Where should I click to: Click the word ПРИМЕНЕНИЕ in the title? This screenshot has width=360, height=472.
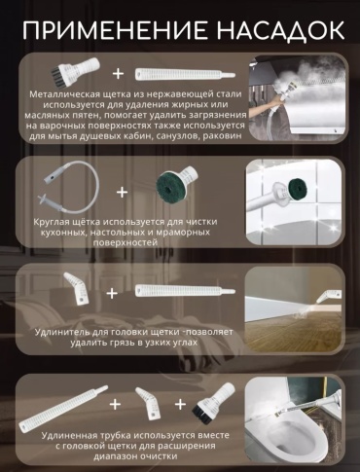(x=115, y=30)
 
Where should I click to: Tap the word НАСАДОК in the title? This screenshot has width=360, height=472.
(x=280, y=30)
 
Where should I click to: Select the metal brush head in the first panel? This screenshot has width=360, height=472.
(x=75, y=71)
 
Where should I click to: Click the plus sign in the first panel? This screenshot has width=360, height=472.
(x=118, y=73)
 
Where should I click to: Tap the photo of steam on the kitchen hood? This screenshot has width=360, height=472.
(x=297, y=98)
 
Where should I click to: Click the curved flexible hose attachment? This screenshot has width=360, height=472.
(x=70, y=188)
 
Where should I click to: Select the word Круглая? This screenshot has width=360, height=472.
(x=52, y=223)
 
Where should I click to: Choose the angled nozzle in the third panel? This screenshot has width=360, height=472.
(x=77, y=288)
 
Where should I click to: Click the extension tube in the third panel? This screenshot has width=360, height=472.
(x=185, y=290)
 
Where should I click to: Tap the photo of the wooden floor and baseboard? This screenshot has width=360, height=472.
(x=293, y=309)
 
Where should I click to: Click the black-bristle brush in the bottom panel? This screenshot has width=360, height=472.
(x=213, y=400)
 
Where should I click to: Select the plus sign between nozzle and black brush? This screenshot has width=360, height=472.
(x=180, y=404)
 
